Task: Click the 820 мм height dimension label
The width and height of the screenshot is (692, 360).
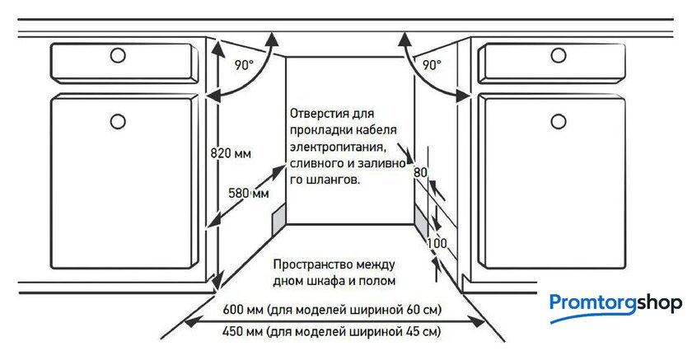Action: (x=231, y=153)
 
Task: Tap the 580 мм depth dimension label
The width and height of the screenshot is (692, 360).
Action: (x=249, y=193)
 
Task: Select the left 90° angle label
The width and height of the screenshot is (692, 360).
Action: (x=244, y=65)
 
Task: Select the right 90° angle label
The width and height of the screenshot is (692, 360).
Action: (x=432, y=65)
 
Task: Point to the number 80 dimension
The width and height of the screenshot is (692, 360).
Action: (x=420, y=171)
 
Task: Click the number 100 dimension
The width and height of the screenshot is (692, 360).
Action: (x=437, y=243)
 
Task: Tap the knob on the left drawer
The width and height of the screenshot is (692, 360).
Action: (x=118, y=55)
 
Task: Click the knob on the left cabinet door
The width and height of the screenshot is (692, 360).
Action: (x=118, y=121)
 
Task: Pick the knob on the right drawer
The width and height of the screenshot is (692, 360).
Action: (x=559, y=55)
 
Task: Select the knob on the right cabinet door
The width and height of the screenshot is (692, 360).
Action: (x=559, y=121)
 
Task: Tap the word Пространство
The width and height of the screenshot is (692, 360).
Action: (x=305, y=264)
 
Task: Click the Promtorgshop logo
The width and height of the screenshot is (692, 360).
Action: (x=615, y=306)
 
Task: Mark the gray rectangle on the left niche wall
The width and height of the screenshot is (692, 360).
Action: (x=279, y=219)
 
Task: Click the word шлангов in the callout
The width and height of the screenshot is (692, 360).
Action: (x=331, y=180)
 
